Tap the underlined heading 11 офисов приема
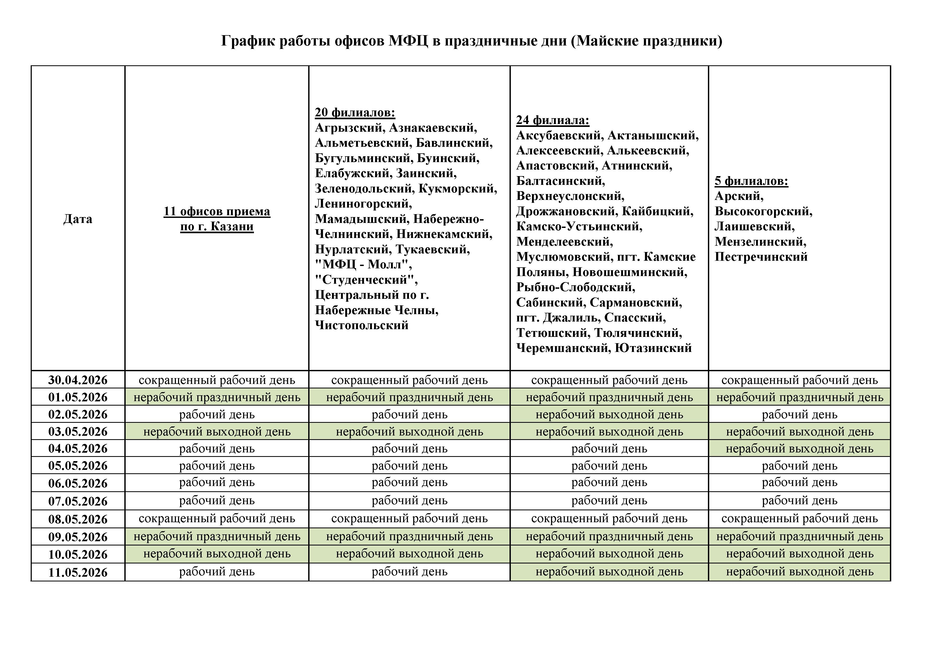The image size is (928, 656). [217, 211]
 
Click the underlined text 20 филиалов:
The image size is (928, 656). [355, 112]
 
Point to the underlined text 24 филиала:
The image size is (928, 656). [553, 120]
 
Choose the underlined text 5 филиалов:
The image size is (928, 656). [751, 181]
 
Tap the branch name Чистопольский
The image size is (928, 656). [361, 325]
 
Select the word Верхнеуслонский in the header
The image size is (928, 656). [570, 196]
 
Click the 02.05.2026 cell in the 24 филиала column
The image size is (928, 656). [609, 414]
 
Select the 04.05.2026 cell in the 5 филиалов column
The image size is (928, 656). [799, 449]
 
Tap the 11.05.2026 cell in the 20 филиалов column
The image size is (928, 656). [410, 572]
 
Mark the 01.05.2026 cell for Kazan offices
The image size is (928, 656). [217, 397]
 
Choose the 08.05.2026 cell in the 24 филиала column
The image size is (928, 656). [609, 519]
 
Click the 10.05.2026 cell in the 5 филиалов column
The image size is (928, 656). [799, 554]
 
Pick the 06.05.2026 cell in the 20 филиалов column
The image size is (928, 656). [410, 483]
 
